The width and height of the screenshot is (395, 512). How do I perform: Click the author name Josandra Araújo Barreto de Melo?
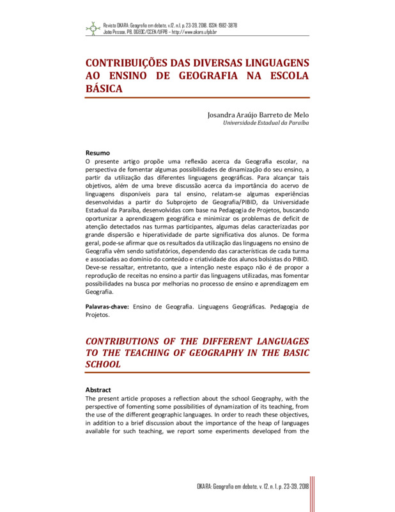[258, 115]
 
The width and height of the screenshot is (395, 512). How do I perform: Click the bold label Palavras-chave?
[107, 307]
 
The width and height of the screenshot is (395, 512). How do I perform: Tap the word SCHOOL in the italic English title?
[104, 364]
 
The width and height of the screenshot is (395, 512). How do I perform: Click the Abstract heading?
[98, 389]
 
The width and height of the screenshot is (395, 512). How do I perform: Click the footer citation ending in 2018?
[252, 487]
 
